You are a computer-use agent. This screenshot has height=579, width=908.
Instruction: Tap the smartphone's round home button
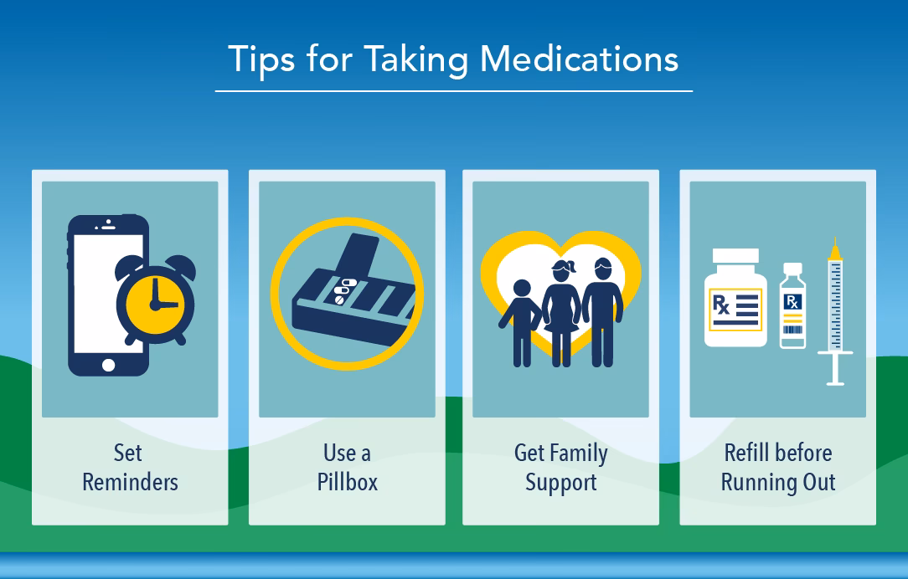pyautogui.click(x=108, y=366)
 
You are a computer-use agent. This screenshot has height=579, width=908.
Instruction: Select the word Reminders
pyautogui.click(x=130, y=483)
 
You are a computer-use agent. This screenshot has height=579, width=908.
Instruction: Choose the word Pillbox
pyautogui.click(x=347, y=483)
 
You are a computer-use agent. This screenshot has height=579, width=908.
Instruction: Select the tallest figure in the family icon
pyautogui.click(x=602, y=310)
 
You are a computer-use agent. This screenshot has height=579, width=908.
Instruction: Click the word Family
pyautogui.click(x=579, y=453)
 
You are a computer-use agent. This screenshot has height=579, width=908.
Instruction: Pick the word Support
pyautogui.click(x=560, y=483)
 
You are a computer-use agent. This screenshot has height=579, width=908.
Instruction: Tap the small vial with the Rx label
pyautogui.click(x=792, y=306)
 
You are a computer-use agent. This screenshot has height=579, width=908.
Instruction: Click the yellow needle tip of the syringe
pyautogui.click(x=834, y=247)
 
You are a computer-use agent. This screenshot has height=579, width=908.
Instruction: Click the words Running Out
pyautogui.click(x=778, y=483)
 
